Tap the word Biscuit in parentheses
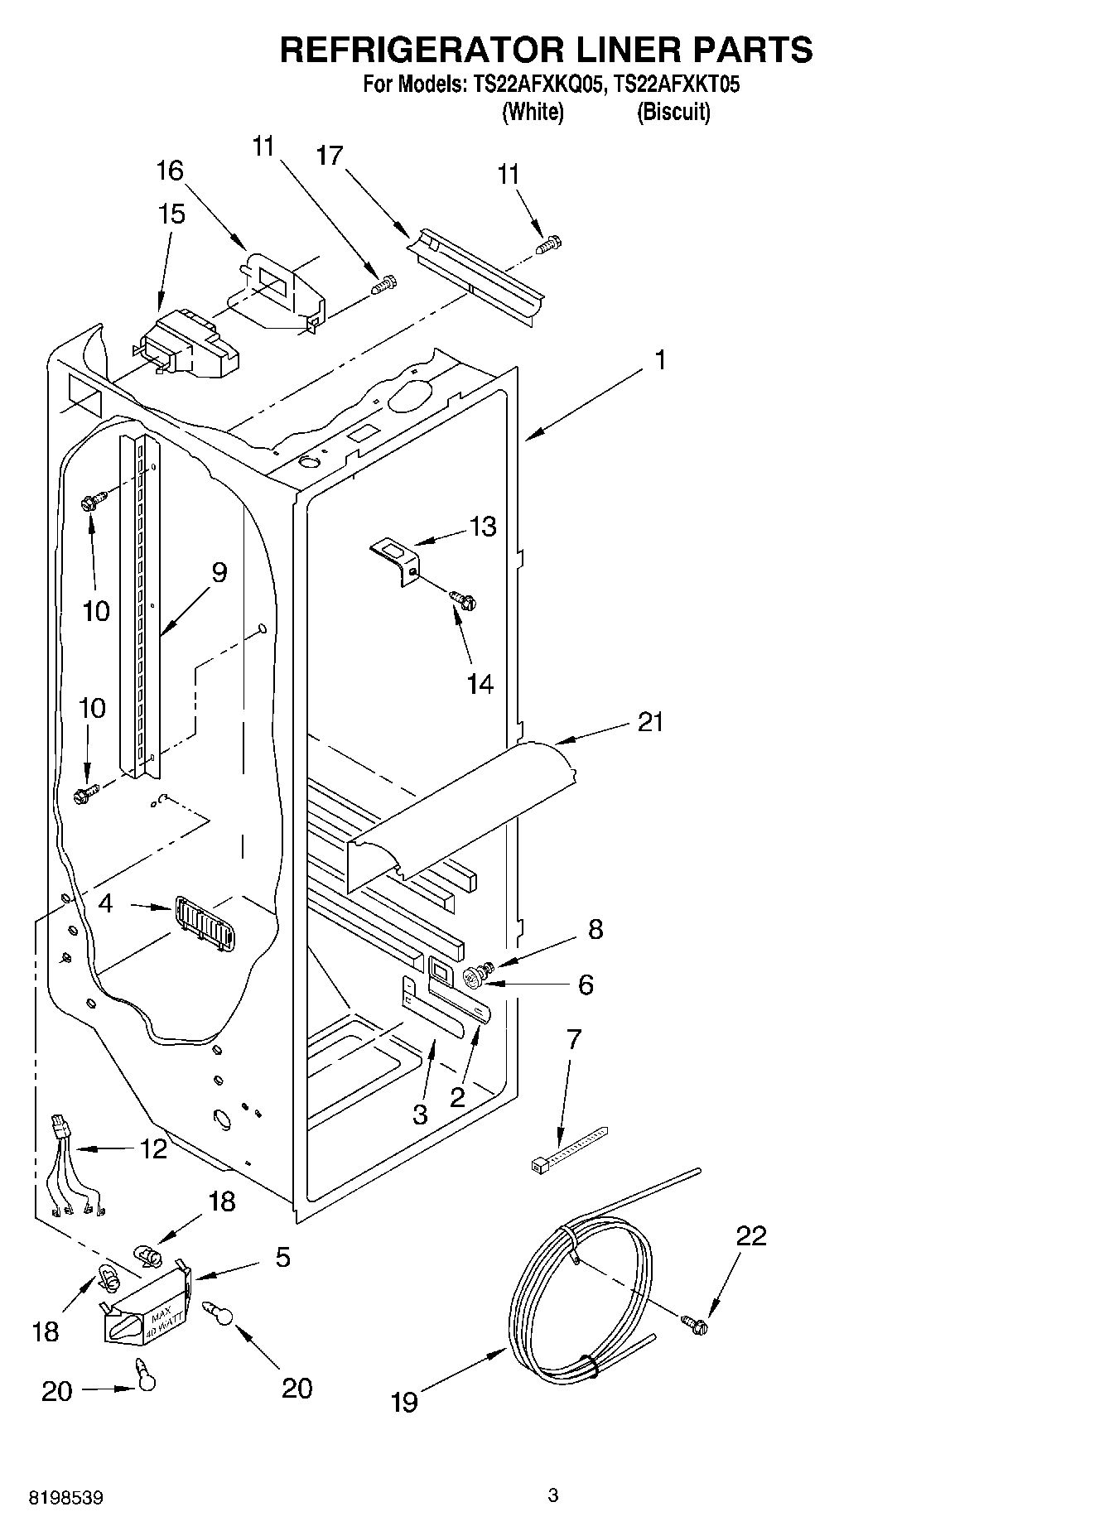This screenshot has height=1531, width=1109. (673, 112)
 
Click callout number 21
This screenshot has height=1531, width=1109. (650, 722)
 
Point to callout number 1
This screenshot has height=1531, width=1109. (660, 360)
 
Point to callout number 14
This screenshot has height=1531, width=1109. (480, 684)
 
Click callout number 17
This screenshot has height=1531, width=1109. (330, 155)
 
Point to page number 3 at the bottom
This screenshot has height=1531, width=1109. (553, 1495)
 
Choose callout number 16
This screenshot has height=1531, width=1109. (170, 171)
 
